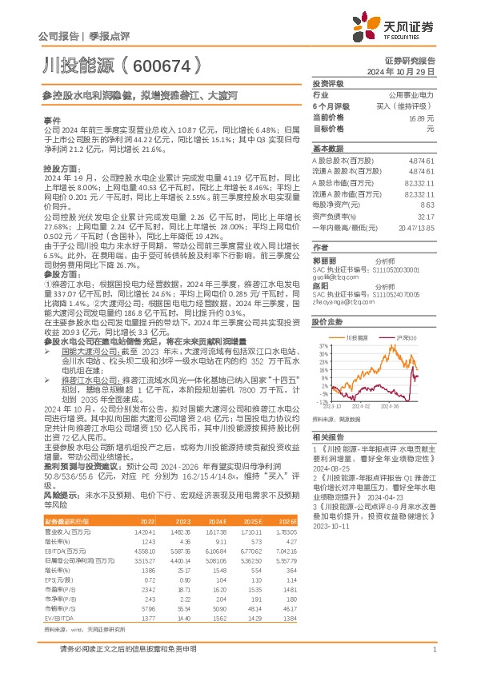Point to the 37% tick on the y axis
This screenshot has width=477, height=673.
click(x=323, y=345)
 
